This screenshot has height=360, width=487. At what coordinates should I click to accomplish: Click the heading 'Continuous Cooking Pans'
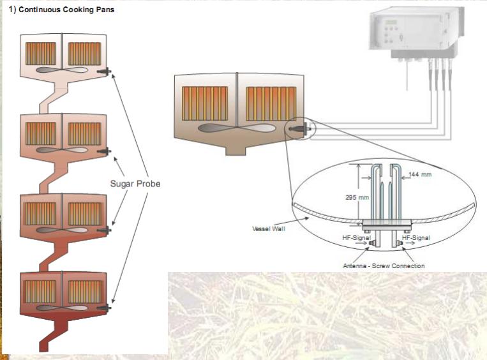coord(62,11)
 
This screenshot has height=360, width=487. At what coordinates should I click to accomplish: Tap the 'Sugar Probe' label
coord(135,184)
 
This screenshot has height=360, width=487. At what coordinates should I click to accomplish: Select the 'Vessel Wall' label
coord(269,228)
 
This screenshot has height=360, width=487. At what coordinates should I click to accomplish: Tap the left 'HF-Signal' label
coord(356,237)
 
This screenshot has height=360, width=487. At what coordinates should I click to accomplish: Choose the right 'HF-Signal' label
coord(416,237)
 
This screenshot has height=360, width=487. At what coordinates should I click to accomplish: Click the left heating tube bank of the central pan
coord(205,101)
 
